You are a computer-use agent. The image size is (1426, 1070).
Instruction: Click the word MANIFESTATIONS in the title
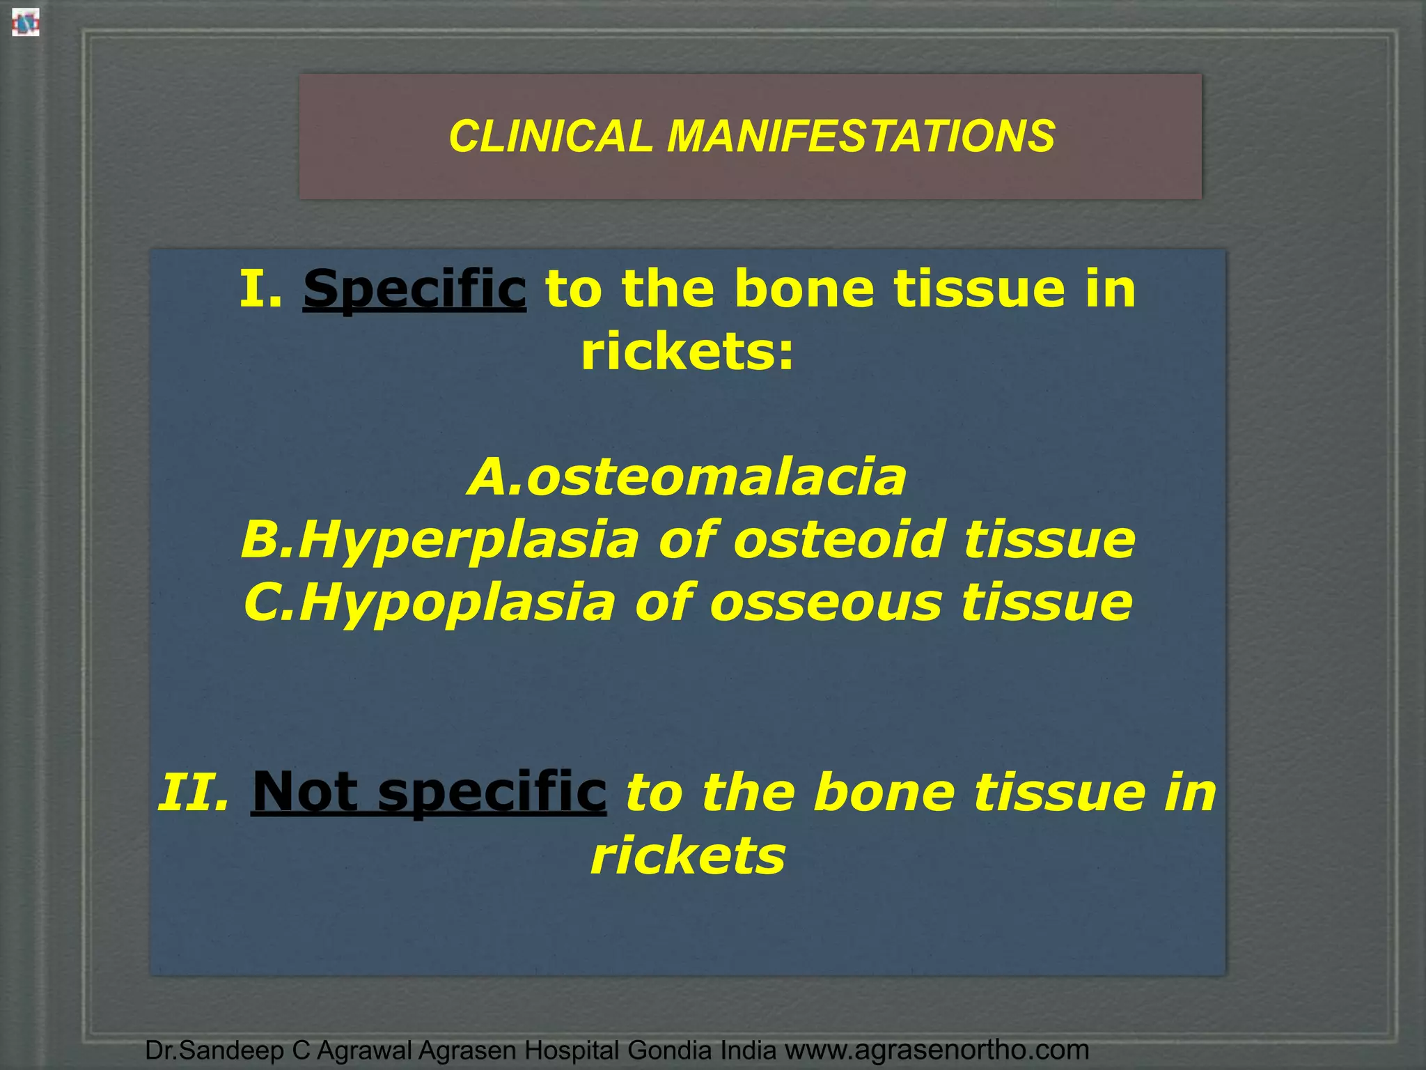coord(861,136)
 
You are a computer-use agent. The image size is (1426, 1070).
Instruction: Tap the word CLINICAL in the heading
coord(550,136)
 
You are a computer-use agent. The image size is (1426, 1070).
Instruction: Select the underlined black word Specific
coord(414,289)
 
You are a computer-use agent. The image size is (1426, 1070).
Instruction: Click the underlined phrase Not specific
coord(428,793)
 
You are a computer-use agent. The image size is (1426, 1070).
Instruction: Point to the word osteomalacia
coord(716,478)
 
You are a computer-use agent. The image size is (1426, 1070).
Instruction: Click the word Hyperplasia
coord(468,541)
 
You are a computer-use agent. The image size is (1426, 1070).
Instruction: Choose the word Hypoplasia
coord(457,603)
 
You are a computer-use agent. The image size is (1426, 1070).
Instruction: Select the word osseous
coord(826,603)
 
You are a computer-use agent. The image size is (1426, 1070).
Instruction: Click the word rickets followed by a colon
coord(687,352)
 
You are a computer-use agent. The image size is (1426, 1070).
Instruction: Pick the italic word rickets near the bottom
coord(688,855)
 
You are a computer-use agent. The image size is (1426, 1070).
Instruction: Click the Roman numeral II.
coord(193,793)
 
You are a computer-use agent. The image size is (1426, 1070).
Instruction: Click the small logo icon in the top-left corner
coord(25,24)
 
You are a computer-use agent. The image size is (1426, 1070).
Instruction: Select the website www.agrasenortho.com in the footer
coord(937,1050)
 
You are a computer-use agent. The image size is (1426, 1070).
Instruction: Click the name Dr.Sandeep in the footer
coord(214,1050)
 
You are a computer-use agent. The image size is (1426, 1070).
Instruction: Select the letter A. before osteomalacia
coord(494,478)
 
